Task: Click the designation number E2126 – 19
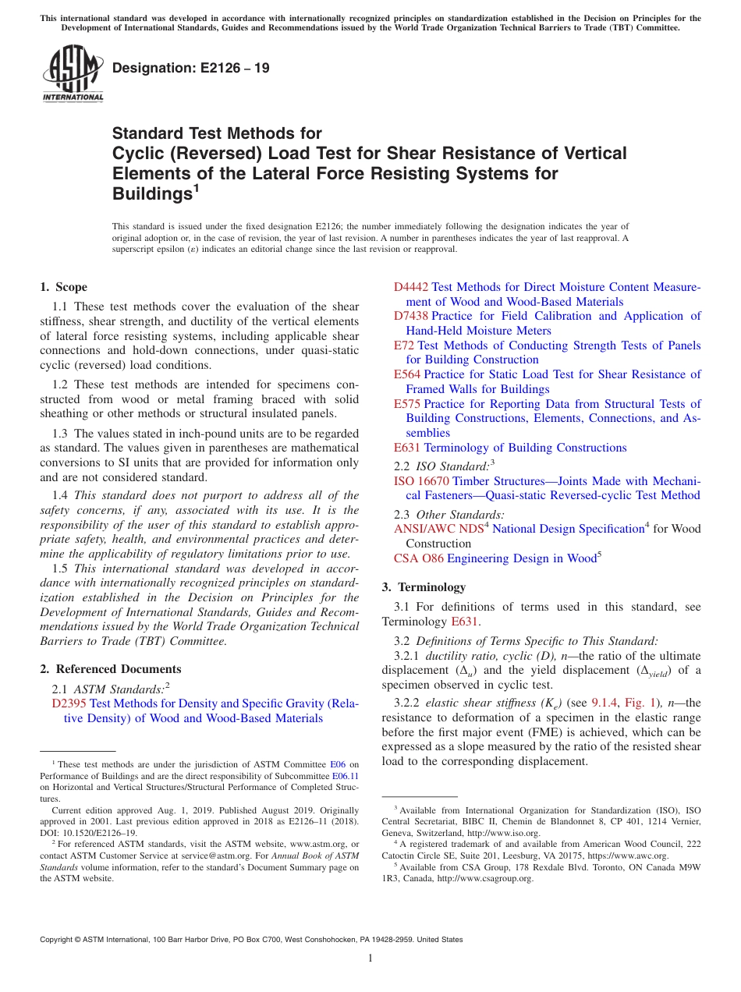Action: point(191,68)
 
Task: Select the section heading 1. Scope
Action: point(64,287)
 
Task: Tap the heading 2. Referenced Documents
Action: point(111,669)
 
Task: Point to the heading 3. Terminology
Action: point(424,587)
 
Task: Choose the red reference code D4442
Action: point(411,287)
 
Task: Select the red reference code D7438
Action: point(411,316)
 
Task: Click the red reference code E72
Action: point(404,345)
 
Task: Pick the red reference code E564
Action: point(407,374)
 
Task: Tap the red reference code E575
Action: point(407,404)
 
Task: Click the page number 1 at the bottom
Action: point(370,958)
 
